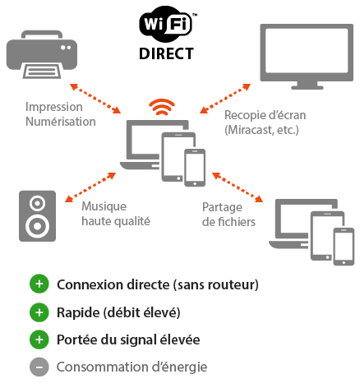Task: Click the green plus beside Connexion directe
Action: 38,284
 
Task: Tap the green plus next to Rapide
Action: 38,312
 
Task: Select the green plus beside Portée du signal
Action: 38,339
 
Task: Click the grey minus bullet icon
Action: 38,367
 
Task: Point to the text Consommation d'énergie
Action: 131,367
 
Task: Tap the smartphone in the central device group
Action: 195,169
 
